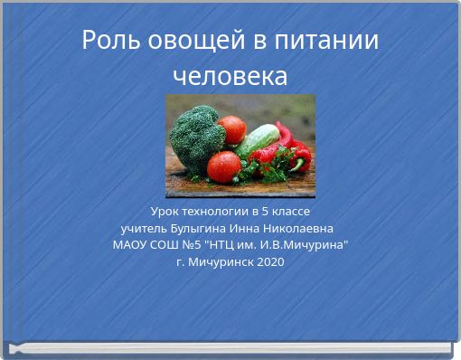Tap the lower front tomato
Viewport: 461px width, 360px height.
tap(223, 166)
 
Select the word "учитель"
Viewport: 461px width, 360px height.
tap(145, 227)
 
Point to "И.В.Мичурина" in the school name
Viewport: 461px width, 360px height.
tap(304, 244)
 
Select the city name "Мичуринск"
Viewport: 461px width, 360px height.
tap(221, 261)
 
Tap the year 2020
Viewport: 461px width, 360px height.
tap(270, 261)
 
